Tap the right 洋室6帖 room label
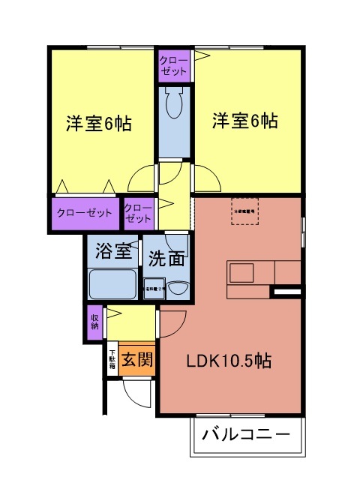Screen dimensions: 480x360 point(244,120)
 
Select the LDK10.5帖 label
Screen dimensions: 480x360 point(229,361)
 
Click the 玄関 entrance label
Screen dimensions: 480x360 point(136,358)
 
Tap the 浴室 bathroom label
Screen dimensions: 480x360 point(112,251)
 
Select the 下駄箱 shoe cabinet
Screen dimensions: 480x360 point(112,357)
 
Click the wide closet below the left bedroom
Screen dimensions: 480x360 point(84,212)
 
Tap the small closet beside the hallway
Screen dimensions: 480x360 point(138,212)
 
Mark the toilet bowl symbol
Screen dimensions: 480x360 point(174,105)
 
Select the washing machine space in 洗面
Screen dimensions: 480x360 point(152,287)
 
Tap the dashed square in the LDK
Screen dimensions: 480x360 point(245,211)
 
